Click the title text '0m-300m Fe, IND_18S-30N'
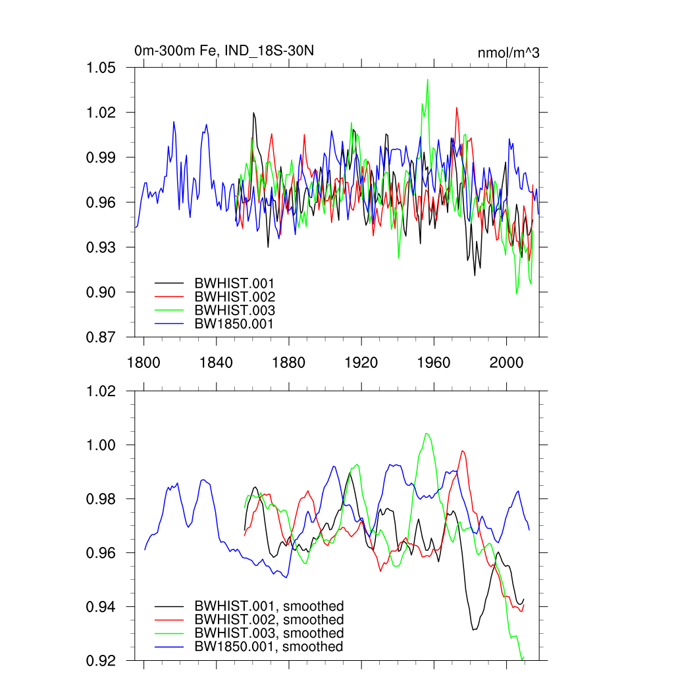[x=219, y=51]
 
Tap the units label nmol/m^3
[x=509, y=53]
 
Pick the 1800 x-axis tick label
[x=143, y=361]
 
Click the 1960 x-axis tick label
[x=434, y=361]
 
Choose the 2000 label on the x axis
[x=506, y=361]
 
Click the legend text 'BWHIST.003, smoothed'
[x=269, y=633]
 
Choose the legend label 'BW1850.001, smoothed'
[x=269, y=647]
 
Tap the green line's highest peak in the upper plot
[x=428, y=80]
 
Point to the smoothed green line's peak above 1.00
[x=427, y=433]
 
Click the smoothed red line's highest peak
[x=463, y=451]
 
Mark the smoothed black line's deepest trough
[x=473, y=630]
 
